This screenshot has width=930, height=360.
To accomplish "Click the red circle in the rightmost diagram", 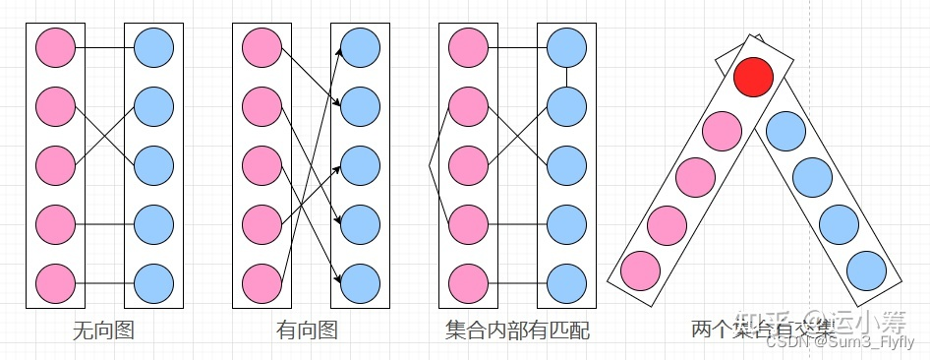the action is pyautogui.click(x=754, y=78).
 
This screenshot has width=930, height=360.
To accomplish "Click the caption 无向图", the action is pyautogui.click(x=103, y=330).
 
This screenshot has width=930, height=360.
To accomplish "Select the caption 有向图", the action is pyautogui.click(x=308, y=330).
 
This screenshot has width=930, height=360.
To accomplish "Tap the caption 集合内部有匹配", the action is pyautogui.click(x=517, y=330).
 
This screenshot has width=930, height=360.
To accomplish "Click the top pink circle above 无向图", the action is pyautogui.click(x=55, y=46).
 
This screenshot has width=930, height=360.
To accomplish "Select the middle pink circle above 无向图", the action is pyautogui.click(x=55, y=164).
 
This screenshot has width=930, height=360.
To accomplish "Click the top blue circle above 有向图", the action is pyautogui.click(x=360, y=46).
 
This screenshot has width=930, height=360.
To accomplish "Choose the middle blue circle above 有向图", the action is pyautogui.click(x=360, y=164).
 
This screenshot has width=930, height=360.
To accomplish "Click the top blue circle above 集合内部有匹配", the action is pyautogui.click(x=566, y=46).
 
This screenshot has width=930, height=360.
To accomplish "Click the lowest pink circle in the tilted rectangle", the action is pyautogui.click(x=641, y=270).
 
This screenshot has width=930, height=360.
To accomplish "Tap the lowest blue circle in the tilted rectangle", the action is pyautogui.click(x=866, y=270).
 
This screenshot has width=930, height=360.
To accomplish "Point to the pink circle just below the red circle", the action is pyautogui.click(x=724, y=132).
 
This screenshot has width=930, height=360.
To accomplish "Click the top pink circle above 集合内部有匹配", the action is pyautogui.click(x=468, y=46).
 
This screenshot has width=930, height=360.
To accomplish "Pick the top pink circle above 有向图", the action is pyautogui.click(x=262, y=46).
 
